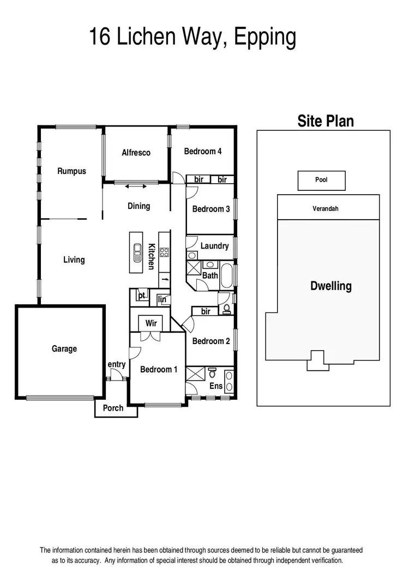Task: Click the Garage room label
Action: (64, 348)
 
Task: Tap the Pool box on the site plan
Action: (321, 180)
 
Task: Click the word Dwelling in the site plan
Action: (331, 286)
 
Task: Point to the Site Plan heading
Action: (326, 121)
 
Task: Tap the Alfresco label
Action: (136, 153)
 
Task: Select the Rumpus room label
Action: (71, 171)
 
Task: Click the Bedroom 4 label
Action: (202, 151)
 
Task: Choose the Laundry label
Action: (214, 246)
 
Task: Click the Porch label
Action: (113, 408)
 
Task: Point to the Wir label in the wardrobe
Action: (151, 323)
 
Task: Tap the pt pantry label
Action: (141, 296)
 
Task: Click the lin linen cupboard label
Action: (162, 299)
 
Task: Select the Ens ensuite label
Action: (216, 386)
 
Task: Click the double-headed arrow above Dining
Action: (136, 187)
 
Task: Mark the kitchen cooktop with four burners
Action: (164, 252)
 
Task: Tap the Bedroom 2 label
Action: (211, 341)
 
